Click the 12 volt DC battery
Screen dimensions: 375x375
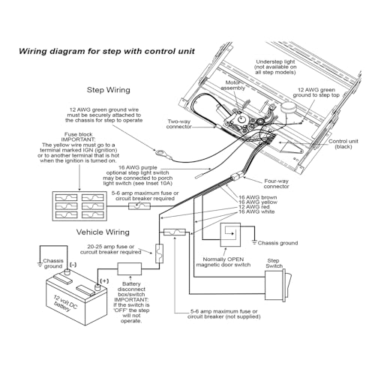click(x=76, y=298)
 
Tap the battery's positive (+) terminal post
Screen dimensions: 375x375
click(x=97, y=287)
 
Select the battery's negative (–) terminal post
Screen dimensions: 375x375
click(x=67, y=272)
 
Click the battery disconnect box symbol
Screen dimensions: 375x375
click(x=130, y=269)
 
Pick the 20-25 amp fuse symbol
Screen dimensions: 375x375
click(x=159, y=253)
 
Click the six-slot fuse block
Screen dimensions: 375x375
click(x=79, y=206)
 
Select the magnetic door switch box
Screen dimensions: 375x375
click(x=230, y=235)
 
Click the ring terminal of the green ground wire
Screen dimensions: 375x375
click(x=160, y=152)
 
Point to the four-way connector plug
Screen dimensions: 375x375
click(x=236, y=177)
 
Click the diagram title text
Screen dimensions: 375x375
click(x=106, y=51)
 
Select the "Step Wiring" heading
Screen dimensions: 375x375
click(x=109, y=90)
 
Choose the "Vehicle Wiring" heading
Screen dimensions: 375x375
click(x=103, y=232)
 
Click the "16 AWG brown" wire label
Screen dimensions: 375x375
click(x=258, y=197)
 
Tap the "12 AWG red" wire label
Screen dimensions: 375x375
click(x=254, y=207)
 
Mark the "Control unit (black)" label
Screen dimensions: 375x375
click(x=343, y=144)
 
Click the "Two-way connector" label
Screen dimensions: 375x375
click(x=179, y=124)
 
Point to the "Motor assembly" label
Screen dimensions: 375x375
click(x=232, y=85)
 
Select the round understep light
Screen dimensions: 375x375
click(x=288, y=108)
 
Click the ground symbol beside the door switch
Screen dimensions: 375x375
click(x=254, y=242)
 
